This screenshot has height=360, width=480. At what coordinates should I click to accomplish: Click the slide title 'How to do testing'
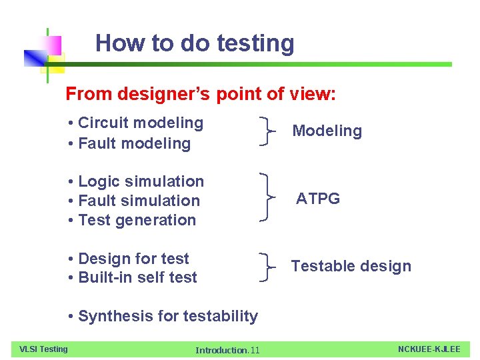click(x=195, y=43)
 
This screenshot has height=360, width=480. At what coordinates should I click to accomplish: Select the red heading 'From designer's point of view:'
click(x=201, y=94)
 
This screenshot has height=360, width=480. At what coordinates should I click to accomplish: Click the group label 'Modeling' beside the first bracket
click(x=327, y=131)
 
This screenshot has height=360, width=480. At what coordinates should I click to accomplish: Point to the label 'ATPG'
click(x=318, y=199)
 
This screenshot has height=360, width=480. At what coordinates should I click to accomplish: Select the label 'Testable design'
click(x=351, y=266)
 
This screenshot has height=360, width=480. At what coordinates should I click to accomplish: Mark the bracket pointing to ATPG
click(x=268, y=197)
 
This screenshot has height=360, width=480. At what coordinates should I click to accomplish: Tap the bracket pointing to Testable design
click(x=268, y=267)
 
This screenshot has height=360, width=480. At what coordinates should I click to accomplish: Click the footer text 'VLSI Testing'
click(x=43, y=349)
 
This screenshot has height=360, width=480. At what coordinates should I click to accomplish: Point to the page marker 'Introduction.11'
click(x=227, y=350)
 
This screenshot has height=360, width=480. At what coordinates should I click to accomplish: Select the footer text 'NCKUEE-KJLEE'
click(x=429, y=349)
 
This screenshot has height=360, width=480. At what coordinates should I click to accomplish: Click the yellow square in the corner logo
click(x=53, y=63)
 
